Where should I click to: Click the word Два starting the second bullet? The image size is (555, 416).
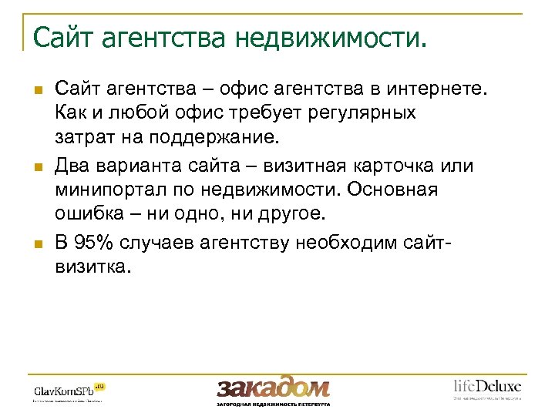[72, 167]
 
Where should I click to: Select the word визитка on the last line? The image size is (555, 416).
[92, 267]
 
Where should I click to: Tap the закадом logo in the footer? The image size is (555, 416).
[273, 387]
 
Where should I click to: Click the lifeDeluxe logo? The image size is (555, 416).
[486, 387]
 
